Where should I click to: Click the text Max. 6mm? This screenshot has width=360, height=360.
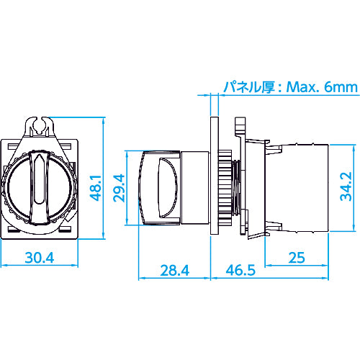coord(316,87)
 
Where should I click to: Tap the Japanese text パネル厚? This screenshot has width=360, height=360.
coord(250,87)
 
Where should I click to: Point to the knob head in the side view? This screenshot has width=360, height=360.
coord(160,186)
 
